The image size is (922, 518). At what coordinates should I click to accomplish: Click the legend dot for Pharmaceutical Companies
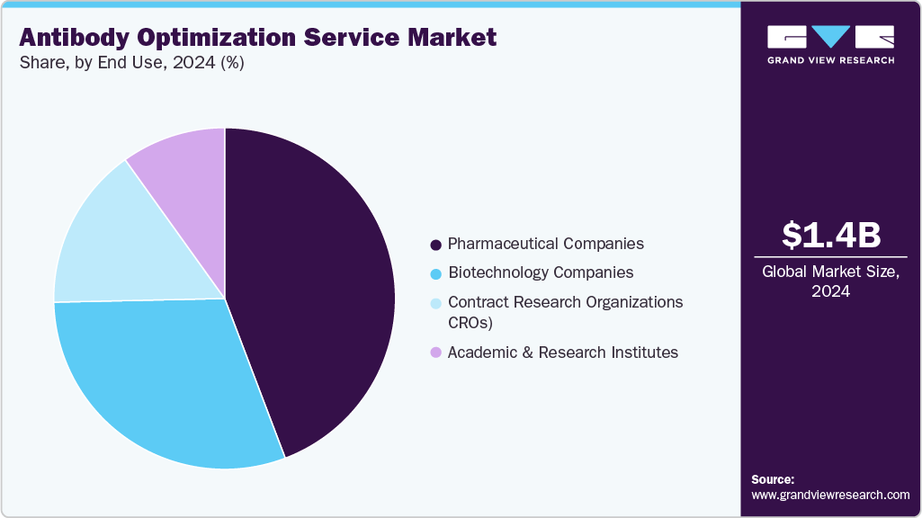436,245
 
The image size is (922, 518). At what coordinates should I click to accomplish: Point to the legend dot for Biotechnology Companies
436,273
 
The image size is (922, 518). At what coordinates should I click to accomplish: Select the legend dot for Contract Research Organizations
436,303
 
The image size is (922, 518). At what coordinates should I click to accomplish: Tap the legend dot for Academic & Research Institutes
436,353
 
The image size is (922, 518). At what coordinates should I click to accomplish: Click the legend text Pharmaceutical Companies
546,244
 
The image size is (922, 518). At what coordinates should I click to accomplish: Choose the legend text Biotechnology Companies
541,272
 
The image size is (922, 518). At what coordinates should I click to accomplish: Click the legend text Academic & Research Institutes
563,353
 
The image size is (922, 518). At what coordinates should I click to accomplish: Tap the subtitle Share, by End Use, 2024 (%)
131,62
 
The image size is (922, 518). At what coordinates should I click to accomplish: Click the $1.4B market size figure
830,235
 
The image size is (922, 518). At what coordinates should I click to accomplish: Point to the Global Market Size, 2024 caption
830,281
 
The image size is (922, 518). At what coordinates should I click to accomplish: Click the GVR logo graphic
830,37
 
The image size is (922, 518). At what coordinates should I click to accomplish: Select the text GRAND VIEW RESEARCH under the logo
830,60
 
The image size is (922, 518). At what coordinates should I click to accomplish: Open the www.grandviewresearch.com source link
830,495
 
